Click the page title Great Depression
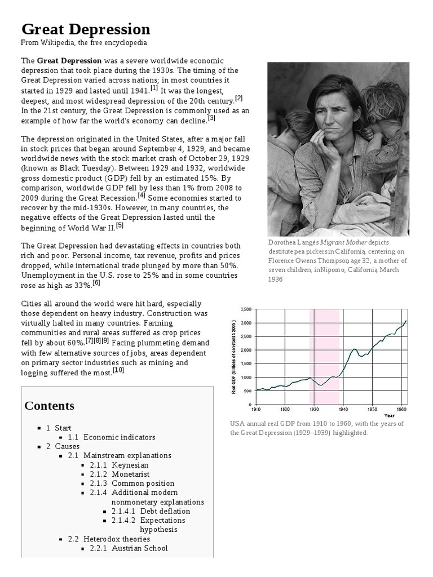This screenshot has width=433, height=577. (86, 29)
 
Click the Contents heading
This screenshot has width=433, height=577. (50, 406)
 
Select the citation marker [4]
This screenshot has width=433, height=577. (141, 196)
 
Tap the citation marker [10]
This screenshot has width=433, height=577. (118, 370)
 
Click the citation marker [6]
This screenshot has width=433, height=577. (96, 283)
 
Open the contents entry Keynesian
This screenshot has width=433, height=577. (130, 465)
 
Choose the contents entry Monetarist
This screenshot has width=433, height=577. (131, 474)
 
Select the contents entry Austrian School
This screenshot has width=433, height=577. (140, 548)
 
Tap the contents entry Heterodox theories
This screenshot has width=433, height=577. (117, 539)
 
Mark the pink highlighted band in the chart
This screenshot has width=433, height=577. (327, 355)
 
